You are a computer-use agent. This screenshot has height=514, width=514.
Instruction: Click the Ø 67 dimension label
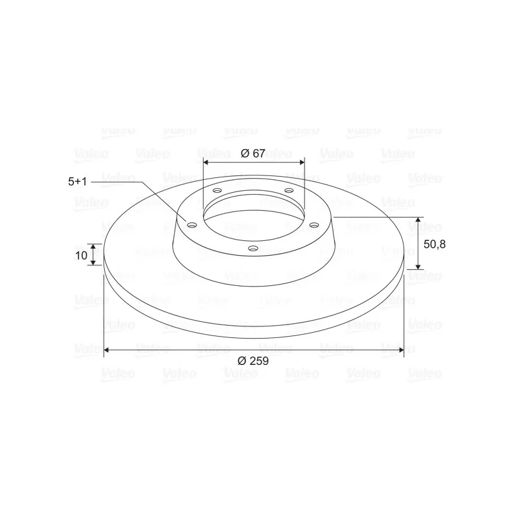pyautogui.click(x=253, y=153)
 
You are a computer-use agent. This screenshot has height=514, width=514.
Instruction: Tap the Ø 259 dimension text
pyautogui.click(x=253, y=360)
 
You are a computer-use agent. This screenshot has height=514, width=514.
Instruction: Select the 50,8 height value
pyautogui.click(x=434, y=244)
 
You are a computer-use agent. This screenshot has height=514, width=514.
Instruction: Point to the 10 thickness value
pyautogui.click(x=82, y=255)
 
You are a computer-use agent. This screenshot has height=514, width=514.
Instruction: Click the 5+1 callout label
pyautogui.click(x=77, y=181)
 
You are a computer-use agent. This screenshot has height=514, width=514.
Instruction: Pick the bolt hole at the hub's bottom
pyautogui.click(x=253, y=249)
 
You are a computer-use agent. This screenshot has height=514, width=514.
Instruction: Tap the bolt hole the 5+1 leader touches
pyautogui.click(x=191, y=225)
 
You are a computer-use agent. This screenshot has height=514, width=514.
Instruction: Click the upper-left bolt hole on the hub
pyautogui.click(x=217, y=190)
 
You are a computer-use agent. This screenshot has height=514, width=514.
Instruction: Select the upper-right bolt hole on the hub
pyautogui.click(x=288, y=190)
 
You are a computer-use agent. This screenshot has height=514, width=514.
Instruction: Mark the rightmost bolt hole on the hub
pyautogui.click(x=314, y=225)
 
